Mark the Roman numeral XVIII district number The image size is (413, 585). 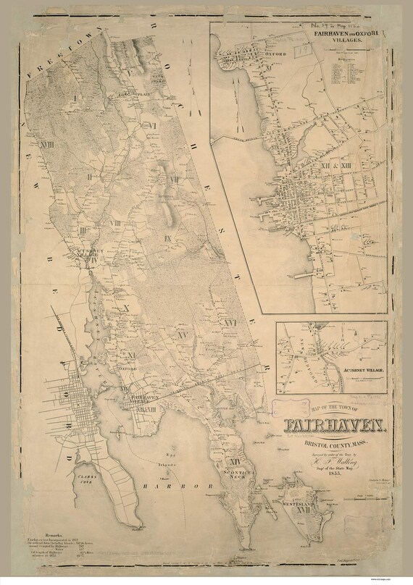[46, 146]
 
